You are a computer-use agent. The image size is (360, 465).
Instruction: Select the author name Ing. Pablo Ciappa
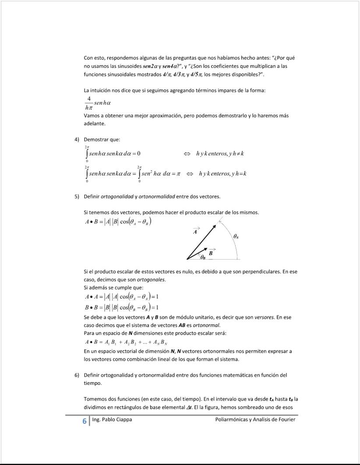coord(112,420)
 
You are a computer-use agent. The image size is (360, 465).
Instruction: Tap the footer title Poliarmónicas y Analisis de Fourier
coord(255,420)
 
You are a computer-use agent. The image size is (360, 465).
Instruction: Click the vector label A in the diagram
coord(196,232)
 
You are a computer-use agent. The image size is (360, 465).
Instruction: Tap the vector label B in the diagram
coord(211,253)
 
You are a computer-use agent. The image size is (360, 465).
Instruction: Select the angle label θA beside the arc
coord(236,236)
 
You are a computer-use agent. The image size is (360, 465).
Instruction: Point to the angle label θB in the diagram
coord(203,258)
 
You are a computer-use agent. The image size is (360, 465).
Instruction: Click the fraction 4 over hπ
coord(89,102)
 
